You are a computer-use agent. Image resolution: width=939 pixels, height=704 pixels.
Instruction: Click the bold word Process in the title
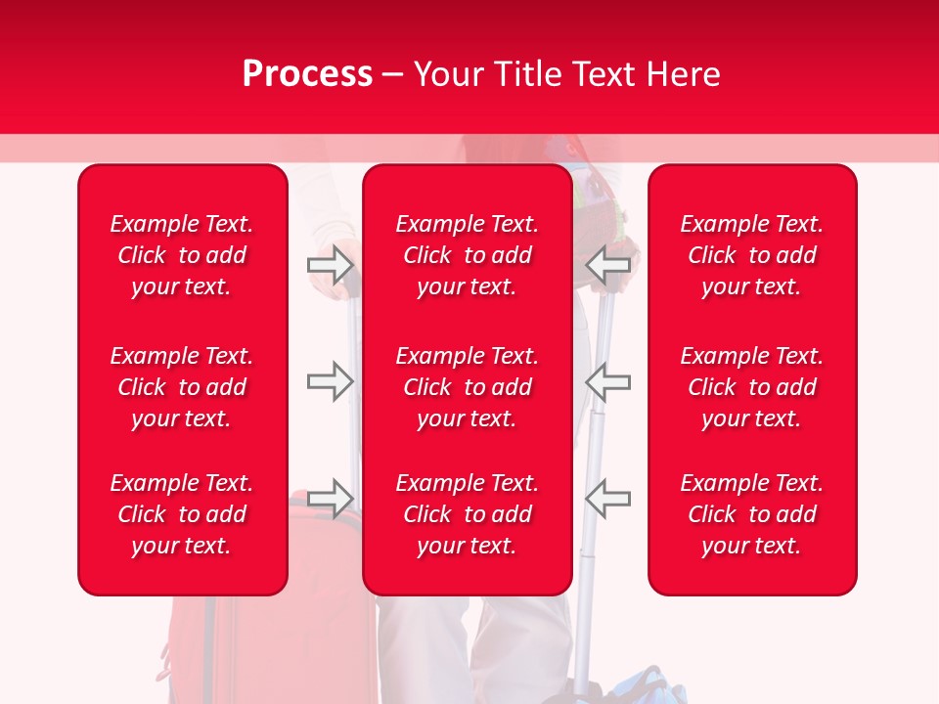tap(307, 74)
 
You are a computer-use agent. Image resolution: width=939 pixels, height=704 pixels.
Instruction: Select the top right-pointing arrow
tap(330, 264)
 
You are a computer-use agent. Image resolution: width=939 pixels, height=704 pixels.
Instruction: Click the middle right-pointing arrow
tap(330, 380)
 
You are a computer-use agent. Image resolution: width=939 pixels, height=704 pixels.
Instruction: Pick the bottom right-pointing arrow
tap(330, 498)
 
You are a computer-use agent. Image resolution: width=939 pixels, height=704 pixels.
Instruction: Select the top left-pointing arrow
tap(608, 264)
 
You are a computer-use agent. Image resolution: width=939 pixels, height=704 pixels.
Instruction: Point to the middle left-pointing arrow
tap(608, 380)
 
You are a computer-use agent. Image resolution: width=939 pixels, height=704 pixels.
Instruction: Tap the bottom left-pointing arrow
tap(608, 498)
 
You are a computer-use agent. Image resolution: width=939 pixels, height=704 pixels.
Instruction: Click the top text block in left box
tap(182, 255)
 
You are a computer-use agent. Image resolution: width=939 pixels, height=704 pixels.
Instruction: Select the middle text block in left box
tap(182, 387)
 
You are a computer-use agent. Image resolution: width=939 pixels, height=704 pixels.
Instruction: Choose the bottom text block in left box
tap(182, 514)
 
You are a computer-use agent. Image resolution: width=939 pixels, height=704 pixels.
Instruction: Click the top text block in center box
tap(468, 255)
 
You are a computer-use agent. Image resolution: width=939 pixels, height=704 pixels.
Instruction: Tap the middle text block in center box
tap(468, 387)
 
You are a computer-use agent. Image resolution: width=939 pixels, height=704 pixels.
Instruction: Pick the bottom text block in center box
tap(468, 514)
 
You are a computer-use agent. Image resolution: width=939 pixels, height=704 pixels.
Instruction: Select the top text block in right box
tap(752, 255)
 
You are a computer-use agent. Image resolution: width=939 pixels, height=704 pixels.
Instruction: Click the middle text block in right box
tap(752, 387)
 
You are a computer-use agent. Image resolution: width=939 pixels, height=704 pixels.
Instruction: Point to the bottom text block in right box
tap(752, 514)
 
